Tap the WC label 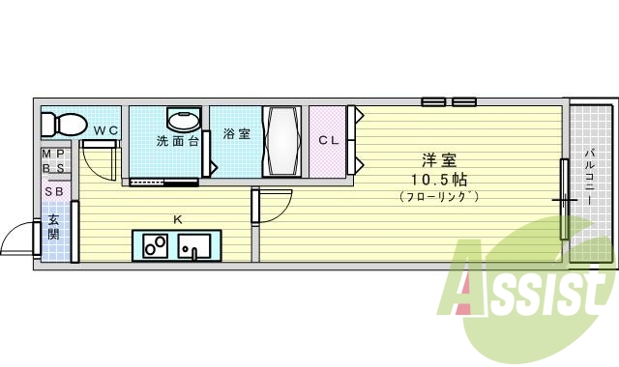click(106, 130)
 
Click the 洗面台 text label click(178, 141)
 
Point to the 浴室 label click(236, 134)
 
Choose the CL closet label click(329, 140)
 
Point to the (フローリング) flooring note click(438, 197)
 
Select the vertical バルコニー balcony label click(590, 183)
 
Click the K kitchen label click(177, 219)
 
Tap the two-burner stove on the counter click(155, 246)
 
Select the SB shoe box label click(54, 190)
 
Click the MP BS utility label click(54, 160)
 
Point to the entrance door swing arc click(17, 236)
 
